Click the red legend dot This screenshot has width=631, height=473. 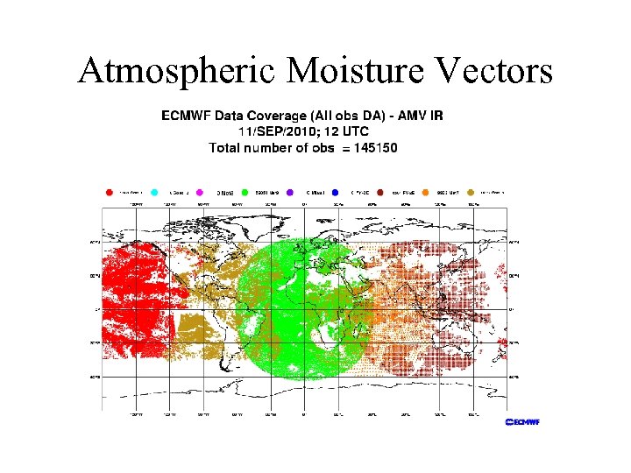(109, 191)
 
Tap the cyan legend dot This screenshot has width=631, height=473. (154, 191)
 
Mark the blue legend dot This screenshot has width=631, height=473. (336, 191)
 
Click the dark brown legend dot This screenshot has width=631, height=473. (380, 191)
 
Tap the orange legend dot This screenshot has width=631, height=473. (425, 191)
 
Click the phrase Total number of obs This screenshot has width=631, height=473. (273, 148)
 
